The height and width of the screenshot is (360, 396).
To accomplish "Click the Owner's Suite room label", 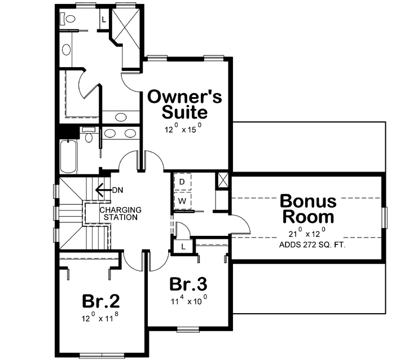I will click(177, 104).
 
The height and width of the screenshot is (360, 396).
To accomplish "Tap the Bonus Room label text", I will click(307, 209).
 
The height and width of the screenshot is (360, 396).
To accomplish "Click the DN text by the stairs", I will click(117, 190).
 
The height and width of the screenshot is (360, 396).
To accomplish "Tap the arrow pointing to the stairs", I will click(102, 190).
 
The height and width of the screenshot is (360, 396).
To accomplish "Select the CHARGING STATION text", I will click(120, 213).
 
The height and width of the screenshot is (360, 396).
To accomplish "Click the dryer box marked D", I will click(183, 182).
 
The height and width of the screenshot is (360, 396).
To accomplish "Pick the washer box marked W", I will click(183, 201).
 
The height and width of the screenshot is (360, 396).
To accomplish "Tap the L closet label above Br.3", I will click(184, 247).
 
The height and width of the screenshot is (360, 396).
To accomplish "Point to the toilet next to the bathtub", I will click(89, 137).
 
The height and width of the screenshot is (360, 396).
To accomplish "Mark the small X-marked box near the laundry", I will click(222, 182).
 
